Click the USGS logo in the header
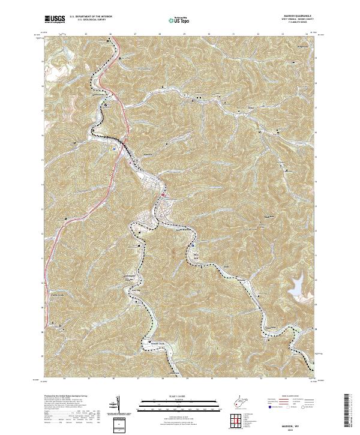coord(55,20)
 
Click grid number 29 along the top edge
coord(185,35)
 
